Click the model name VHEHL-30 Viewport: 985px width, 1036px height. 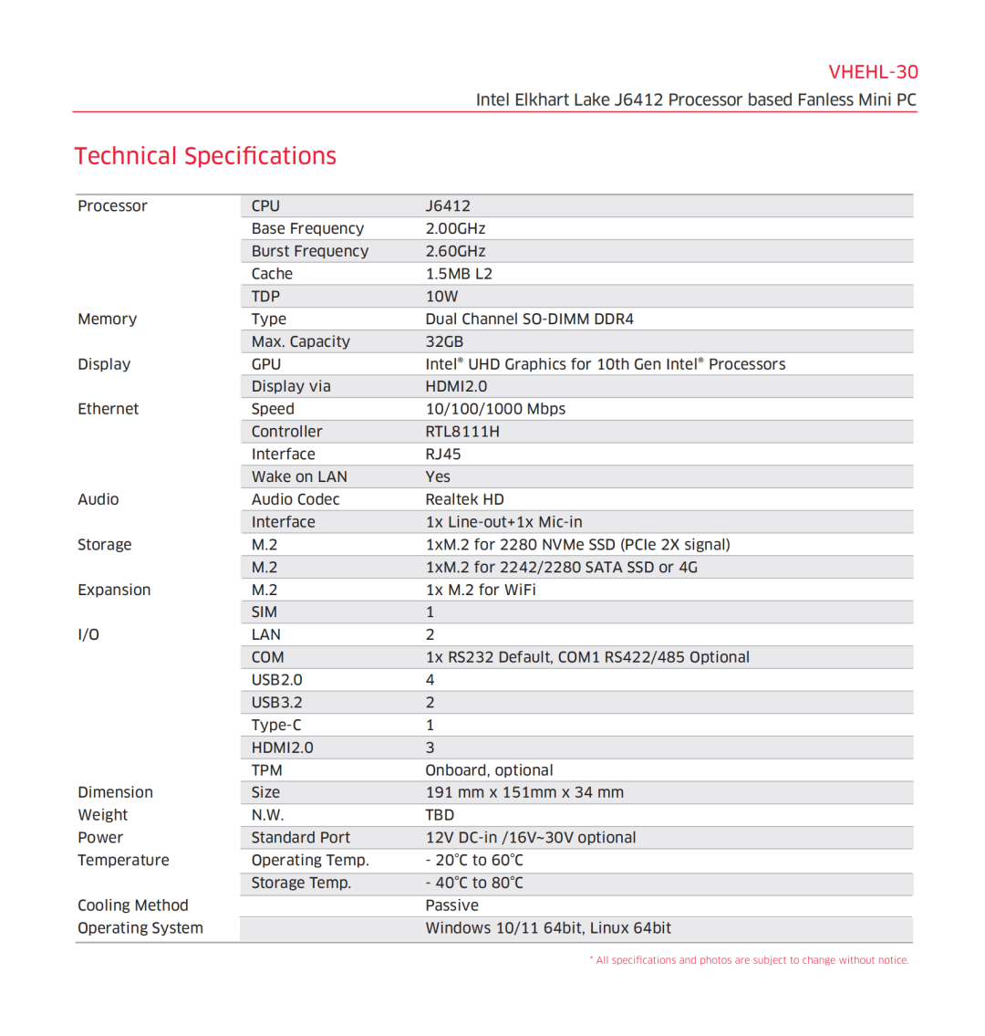pyautogui.click(x=873, y=72)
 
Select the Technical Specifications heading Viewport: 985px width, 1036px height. pyautogui.click(x=205, y=156)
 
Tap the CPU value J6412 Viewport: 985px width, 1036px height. pyautogui.click(x=448, y=206)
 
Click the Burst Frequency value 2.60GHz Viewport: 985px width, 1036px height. pyautogui.click(x=455, y=251)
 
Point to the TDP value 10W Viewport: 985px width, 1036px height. pyautogui.click(x=441, y=297)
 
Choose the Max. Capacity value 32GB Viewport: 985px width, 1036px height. pyautogui.click(x=444, y=341)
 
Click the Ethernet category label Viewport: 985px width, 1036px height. pyautogui.click(x=108, y=409)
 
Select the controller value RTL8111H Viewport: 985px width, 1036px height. pyautogui.click(x=462, y=432)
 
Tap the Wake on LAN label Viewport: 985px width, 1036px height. pyautogui.click(x=299, y=476)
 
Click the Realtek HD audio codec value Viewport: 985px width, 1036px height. pyautogui.click(x=464, y=499)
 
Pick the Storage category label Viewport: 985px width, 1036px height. pyautogui.click(x=104, y=545)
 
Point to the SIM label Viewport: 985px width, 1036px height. pyautogui.click(x=264, y=612)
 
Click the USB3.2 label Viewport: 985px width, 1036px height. pyautogui.click(x=276, y=703)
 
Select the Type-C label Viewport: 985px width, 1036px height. pyautogui.click(x=275, y=726)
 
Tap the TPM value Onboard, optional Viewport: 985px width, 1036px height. pyautogui.click(x=489, y=770)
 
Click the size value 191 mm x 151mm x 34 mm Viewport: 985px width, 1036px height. pyautogui.click(x=524, y=792)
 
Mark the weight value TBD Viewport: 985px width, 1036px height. pyautogui.click(x=440, y=815)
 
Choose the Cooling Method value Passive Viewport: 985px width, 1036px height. pyautogui.click(x=451, y=905)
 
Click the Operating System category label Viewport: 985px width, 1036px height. pyautogui.click(x=140, y=928)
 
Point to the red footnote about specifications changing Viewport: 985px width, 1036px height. pyautogui.click(x=749, y=960)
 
